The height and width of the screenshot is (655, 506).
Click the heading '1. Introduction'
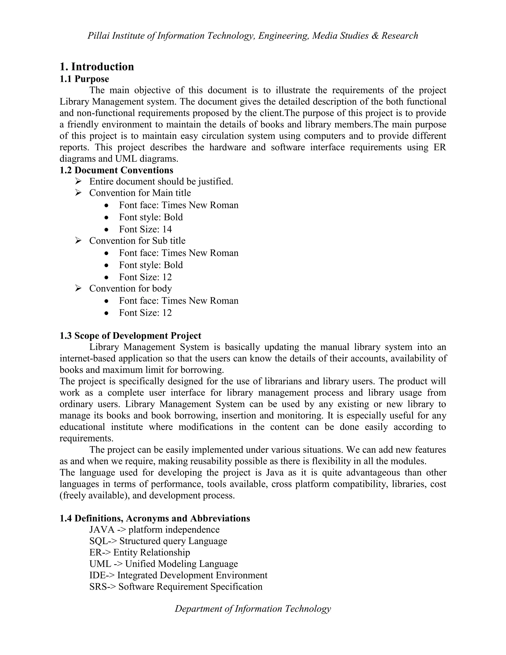(x=97, y=66)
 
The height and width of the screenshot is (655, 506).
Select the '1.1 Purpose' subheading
(x=84, y=79)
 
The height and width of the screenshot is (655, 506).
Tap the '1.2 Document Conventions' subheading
(x=116, y=170)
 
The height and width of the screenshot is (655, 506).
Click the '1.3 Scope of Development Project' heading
(x=130, y=336)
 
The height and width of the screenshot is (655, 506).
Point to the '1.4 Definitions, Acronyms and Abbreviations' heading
(x=155, y=518)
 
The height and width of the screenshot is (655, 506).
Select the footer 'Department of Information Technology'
(x=253, y=609)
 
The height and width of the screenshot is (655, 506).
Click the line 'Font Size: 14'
(x=145, y=229)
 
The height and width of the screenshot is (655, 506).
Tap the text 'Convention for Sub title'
(x=137, y=240)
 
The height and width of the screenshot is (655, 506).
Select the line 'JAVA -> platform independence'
(x=154, y=530)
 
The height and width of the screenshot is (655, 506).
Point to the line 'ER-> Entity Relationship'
(x=140, y=552)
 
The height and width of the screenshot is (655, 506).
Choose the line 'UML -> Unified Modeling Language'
(x=164, y=564)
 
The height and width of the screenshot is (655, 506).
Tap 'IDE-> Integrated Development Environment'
(x=178, y=575)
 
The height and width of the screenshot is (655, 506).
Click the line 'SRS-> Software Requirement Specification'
(x=176, y=587)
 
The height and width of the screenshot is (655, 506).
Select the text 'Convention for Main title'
(x=140, y=193)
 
